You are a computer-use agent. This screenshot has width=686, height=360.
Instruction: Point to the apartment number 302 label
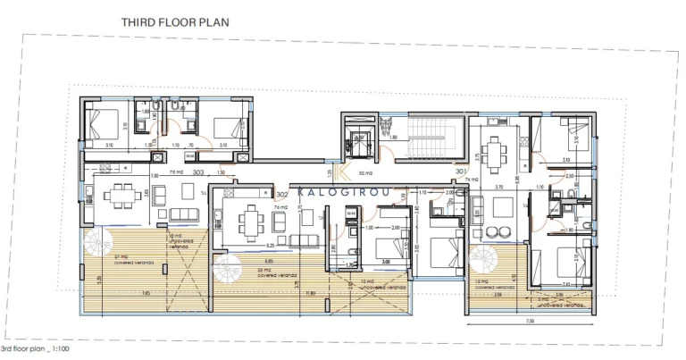(x=281, y=194)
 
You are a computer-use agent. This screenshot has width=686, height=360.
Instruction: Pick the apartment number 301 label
(x=461, y=171)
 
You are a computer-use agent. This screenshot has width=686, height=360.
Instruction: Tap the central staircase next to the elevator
(x=433, y=138)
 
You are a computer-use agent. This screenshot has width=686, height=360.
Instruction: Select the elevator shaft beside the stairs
(x=361, y=141)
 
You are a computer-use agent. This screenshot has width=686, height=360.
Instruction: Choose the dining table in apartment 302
(x=252, y=222)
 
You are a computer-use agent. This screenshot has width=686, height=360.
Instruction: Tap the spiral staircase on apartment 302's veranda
(x=230, y=269)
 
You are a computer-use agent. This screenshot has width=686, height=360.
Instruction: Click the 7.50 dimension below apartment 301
(x=529, y=320)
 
